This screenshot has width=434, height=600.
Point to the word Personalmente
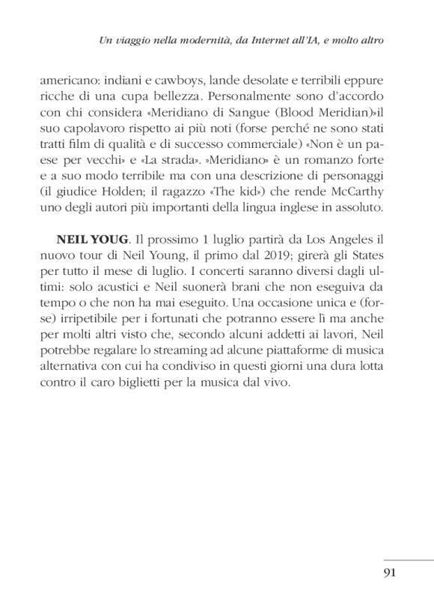click(248, 98)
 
